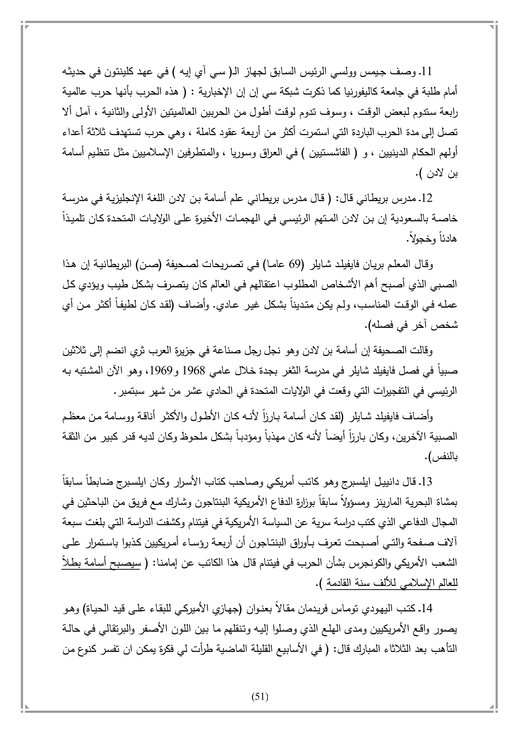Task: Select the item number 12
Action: click(x=426, y=199)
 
